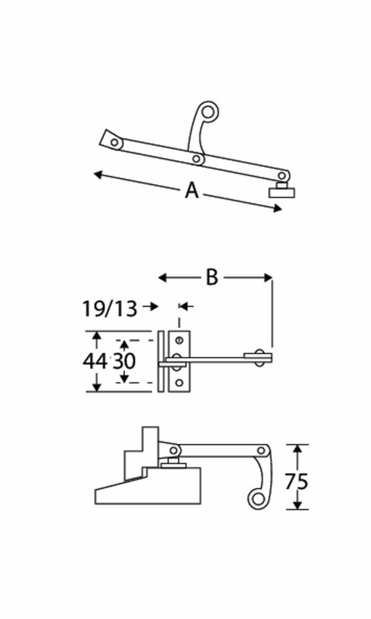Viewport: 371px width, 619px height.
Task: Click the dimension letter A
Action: point(192,191)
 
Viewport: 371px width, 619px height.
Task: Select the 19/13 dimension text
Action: point(109,308)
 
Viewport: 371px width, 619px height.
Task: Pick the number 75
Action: point(297,481)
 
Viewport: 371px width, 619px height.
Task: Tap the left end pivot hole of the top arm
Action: point(114,142)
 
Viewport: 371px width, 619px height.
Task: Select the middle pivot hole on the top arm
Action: point(197,160)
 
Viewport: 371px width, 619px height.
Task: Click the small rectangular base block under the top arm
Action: point(282,192)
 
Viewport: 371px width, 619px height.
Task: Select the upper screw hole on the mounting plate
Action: point(179,339)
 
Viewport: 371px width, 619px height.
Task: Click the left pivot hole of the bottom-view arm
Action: point(174,450)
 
